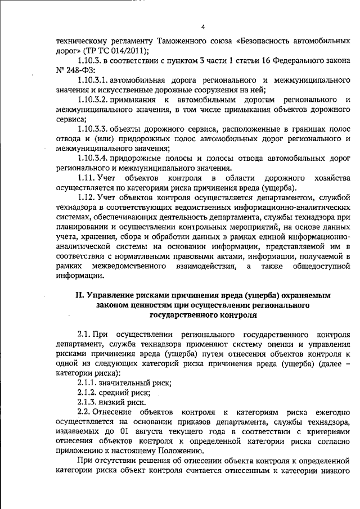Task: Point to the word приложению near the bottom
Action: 80,452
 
